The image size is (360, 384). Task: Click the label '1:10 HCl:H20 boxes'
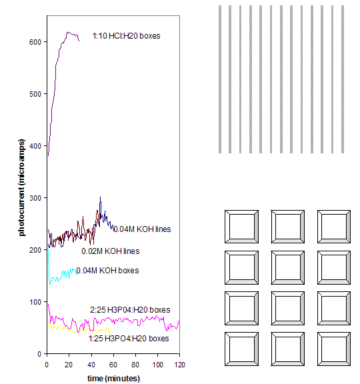[x=126, y=35]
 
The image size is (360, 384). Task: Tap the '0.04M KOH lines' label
[x=141, y=229]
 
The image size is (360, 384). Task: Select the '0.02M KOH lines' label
[x=110, y=251]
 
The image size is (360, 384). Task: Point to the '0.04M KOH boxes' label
[x=107, y=270]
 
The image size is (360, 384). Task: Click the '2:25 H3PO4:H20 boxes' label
[x=129, y=310]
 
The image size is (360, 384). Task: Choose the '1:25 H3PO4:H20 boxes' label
[x=129, y=339]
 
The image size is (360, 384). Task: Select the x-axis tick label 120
[x=179, y=365]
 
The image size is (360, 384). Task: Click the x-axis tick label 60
[x=113, y=365]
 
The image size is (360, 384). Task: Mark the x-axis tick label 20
[x=69, y=365]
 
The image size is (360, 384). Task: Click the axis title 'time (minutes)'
[x=113, y=378]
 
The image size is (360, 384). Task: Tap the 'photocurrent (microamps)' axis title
[x=21, y=187]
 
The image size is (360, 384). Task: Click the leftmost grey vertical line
[x=220, y=79]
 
